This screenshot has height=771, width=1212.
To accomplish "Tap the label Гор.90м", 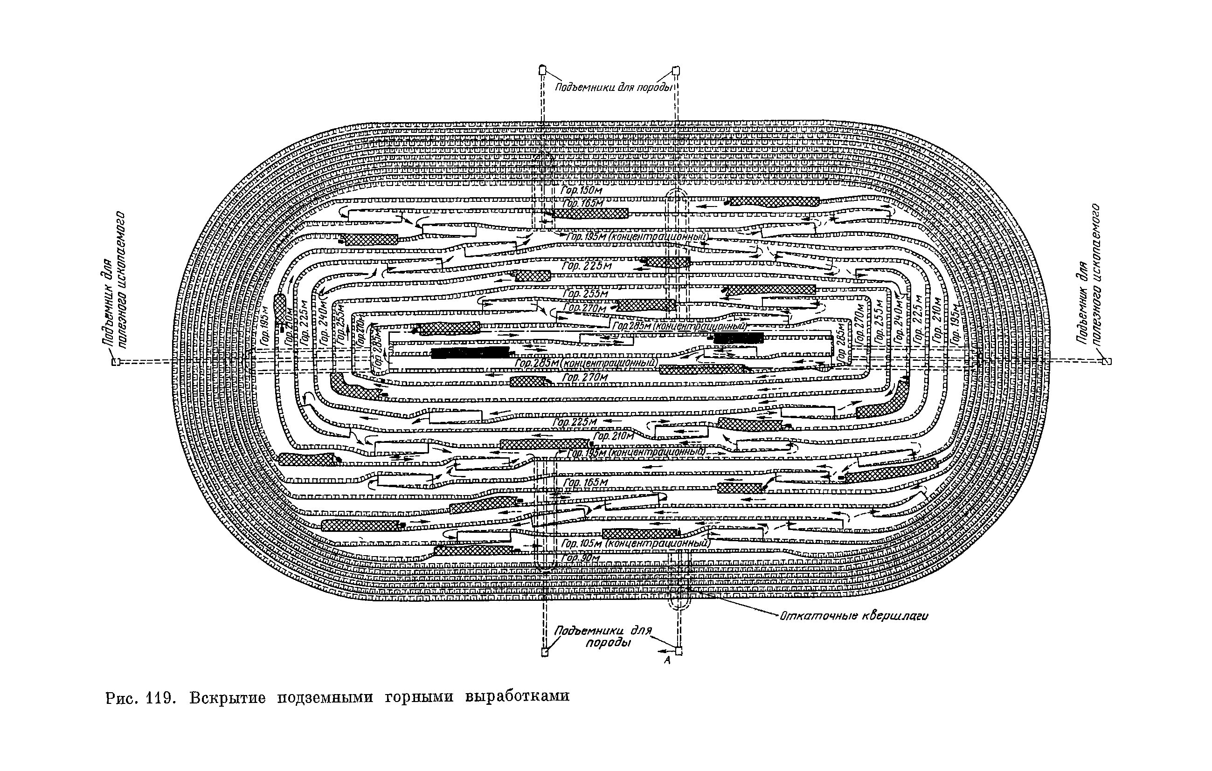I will [x=581, y=558].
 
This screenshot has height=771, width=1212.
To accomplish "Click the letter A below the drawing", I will [x=667, y=660].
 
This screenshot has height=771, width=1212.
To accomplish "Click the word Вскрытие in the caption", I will [x=228, y=697].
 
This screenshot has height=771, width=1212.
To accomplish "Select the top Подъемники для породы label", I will [x=614, y=88].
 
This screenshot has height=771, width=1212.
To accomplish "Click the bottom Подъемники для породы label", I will [x=603, y=637].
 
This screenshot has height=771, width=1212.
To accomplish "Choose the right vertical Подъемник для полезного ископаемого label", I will [x=1090, y=274].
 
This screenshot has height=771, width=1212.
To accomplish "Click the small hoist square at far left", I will [x=116, y=361].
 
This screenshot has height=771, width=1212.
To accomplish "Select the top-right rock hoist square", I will [x=677, y=70].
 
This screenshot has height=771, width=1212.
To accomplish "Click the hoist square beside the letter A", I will [x=679, y=651].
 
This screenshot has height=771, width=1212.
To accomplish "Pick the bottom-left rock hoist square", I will [x=545, y=653].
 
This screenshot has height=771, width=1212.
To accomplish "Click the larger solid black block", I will [x=470, y=353].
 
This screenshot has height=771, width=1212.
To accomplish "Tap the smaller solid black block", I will [x=738, y=337].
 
